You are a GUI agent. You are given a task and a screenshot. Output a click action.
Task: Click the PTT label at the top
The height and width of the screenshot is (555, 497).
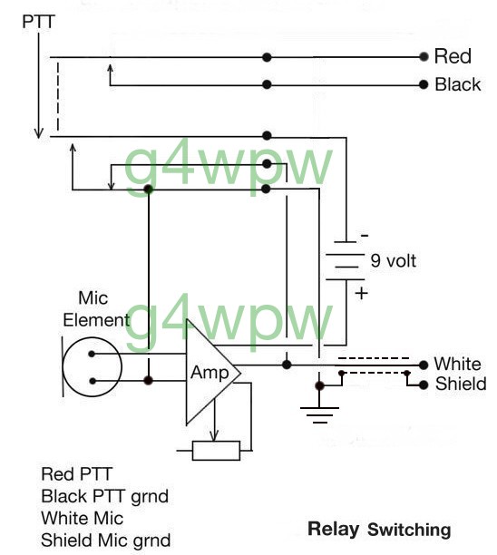tap(39, 22)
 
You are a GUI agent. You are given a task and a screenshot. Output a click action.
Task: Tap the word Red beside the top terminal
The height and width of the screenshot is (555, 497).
tap(453, 56)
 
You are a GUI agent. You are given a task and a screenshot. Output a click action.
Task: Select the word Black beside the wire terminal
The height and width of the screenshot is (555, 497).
tap(458, 84)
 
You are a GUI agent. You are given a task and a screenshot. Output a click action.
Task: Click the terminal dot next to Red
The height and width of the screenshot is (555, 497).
tap(424, 56)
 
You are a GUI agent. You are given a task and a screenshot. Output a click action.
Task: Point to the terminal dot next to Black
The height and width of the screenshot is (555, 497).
tap(424, 84)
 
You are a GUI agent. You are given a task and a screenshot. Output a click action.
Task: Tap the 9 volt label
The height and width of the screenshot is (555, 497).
tap(394, 261)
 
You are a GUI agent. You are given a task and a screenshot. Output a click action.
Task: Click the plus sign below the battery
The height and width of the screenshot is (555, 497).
tap(362, 294)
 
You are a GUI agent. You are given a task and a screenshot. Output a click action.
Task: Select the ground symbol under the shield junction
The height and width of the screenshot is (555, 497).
tap(319, 414)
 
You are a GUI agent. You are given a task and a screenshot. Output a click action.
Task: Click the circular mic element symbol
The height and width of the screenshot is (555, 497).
tap(92, 366)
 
